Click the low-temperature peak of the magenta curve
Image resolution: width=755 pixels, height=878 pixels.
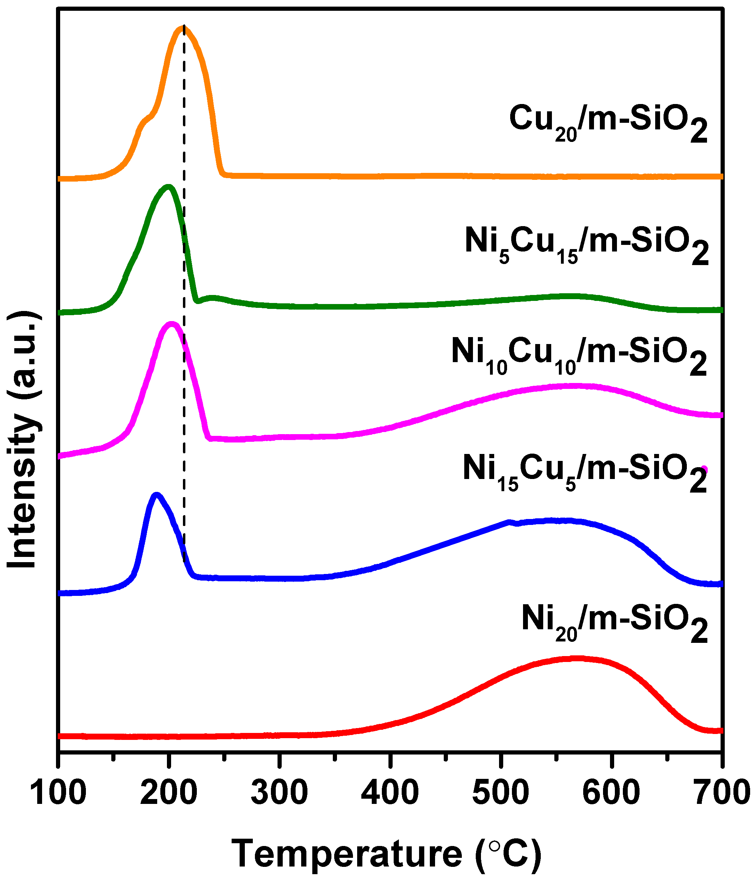(x=171, y=325)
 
